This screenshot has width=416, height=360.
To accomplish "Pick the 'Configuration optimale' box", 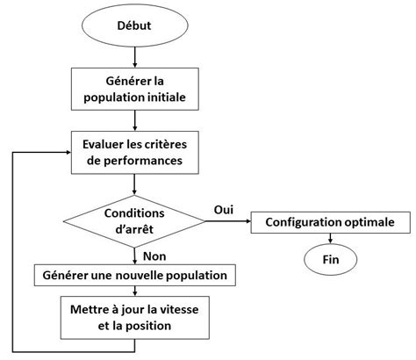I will (330, 223).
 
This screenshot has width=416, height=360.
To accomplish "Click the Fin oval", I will (330, 260).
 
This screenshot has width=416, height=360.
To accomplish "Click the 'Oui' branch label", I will (224, 210).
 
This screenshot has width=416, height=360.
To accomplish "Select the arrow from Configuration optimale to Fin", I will (330, 240).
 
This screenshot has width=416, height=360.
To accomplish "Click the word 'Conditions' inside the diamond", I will (134, 213).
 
